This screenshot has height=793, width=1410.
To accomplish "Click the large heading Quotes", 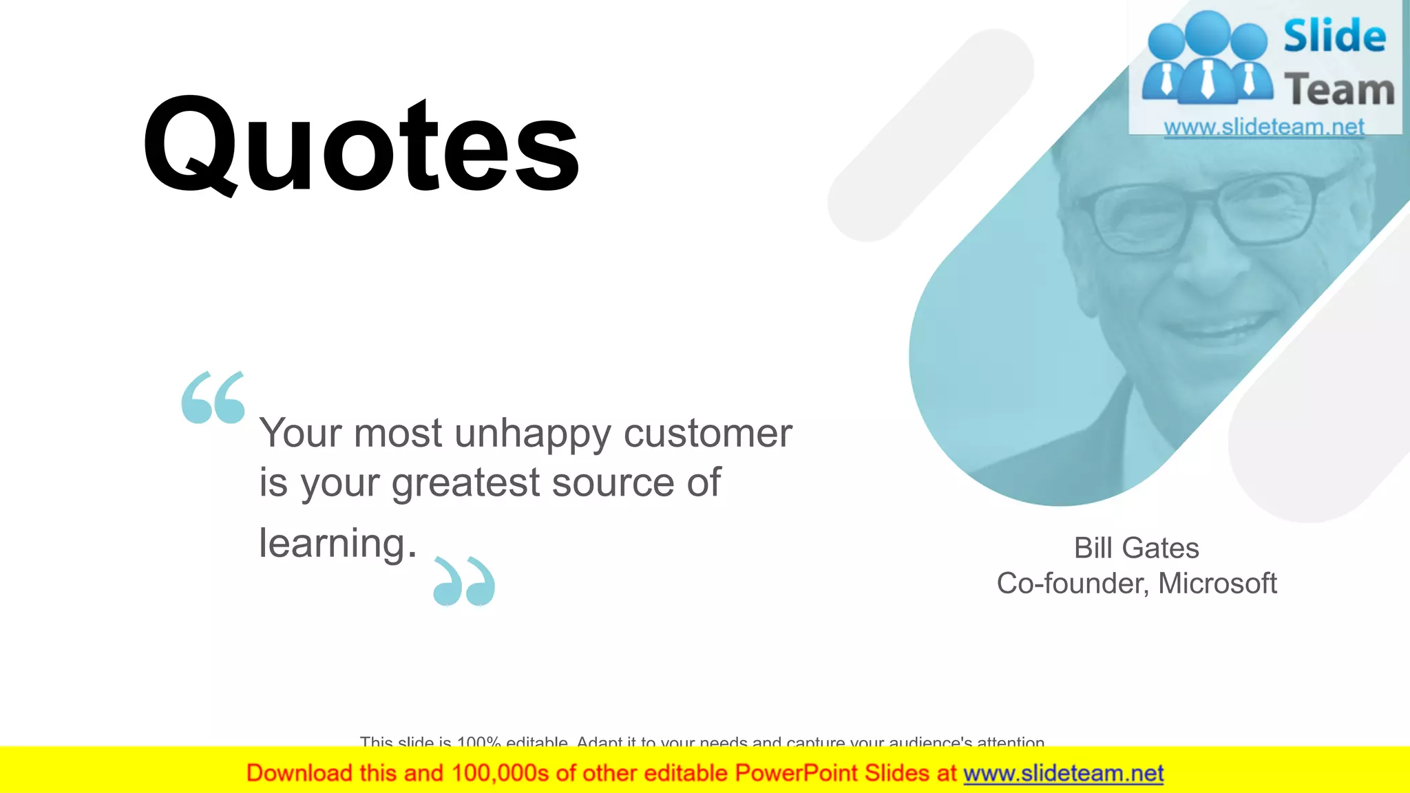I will (x=361, y=146).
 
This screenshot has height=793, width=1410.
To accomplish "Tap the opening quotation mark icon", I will (x=213, y=397).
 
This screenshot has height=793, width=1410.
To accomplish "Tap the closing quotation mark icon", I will (x=464, y=582).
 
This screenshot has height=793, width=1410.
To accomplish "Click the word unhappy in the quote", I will (x=532, y=434).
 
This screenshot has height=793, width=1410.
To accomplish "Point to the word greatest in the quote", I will (x=466, y=483).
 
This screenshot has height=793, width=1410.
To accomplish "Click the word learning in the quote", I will (x=333, y=543).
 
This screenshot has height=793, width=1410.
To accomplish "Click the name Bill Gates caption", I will (x=1136, y=549).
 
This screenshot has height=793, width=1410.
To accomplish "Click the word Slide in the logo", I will (x=1334, y=36).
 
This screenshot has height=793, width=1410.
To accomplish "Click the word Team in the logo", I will (x=1339, y=90).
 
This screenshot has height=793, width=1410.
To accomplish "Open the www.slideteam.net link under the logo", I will (x=1264, y=127).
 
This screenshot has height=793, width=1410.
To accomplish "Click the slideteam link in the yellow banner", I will (x=1063, y=774).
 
